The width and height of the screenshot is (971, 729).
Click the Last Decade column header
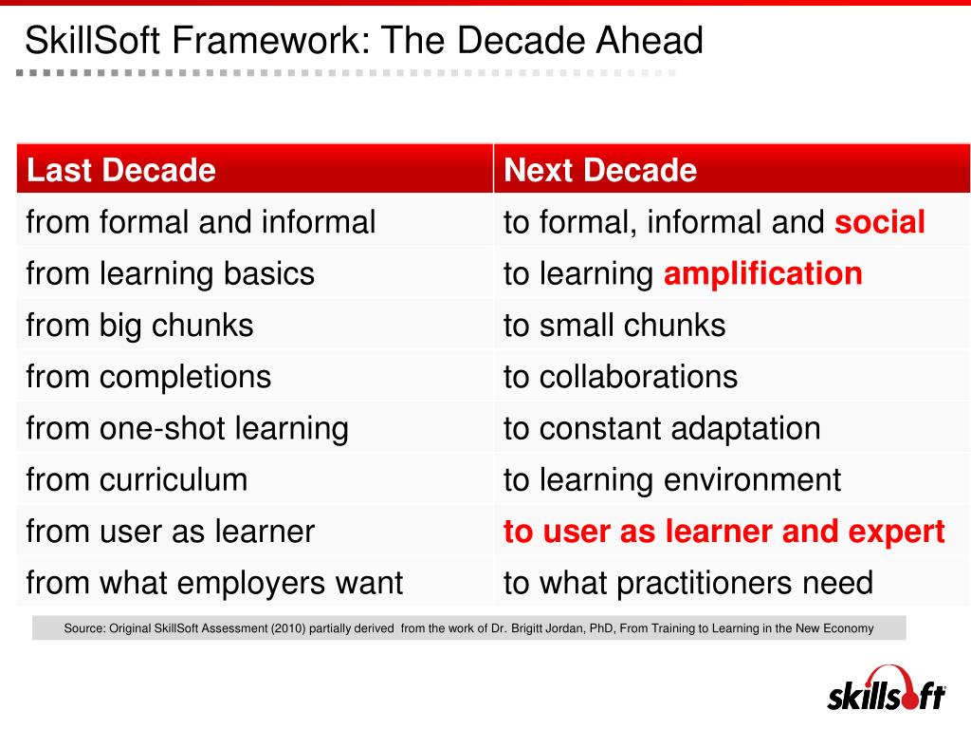pos(121,171)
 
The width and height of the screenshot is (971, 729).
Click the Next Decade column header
pos(600,171)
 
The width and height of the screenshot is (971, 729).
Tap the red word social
pos(879,222)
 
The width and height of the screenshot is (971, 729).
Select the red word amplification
pos(762,274)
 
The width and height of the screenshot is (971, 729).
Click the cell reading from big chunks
pos(140,326)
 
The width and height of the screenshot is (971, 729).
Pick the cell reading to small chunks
pos(614,326)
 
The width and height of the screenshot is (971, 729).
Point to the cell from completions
pos(149,377)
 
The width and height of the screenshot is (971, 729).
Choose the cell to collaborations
pos(620,377)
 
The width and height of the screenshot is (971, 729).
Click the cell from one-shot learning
pos(188,428)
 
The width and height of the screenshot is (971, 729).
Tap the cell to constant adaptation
pos(662,428)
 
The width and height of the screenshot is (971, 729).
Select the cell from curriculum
pos(137,479)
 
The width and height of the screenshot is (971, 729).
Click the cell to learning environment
pos(672,479)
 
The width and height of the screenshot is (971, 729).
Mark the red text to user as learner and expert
pos(724,532)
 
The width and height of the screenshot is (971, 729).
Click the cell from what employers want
pos(215,582)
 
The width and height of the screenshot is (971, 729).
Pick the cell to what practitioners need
pos(688,582)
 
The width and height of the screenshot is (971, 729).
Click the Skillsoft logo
pos(886,691)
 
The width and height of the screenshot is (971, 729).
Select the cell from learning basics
pos(171,274)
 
